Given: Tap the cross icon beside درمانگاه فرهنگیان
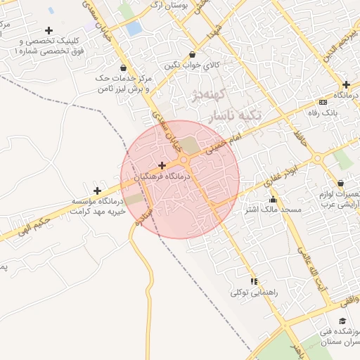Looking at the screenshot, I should point(162,165).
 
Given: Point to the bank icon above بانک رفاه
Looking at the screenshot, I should point(323,102).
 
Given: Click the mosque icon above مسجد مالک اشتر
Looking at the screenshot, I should point(273,200).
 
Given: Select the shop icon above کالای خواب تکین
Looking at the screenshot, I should point(192,55).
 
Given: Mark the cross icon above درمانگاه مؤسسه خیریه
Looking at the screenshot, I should point(97,191).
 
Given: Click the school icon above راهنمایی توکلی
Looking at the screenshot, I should point(254,281).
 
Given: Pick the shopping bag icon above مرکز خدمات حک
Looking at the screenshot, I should point(124,68).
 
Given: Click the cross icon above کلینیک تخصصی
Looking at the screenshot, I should point(49,30).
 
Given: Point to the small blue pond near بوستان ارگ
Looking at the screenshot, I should point(134,29).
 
